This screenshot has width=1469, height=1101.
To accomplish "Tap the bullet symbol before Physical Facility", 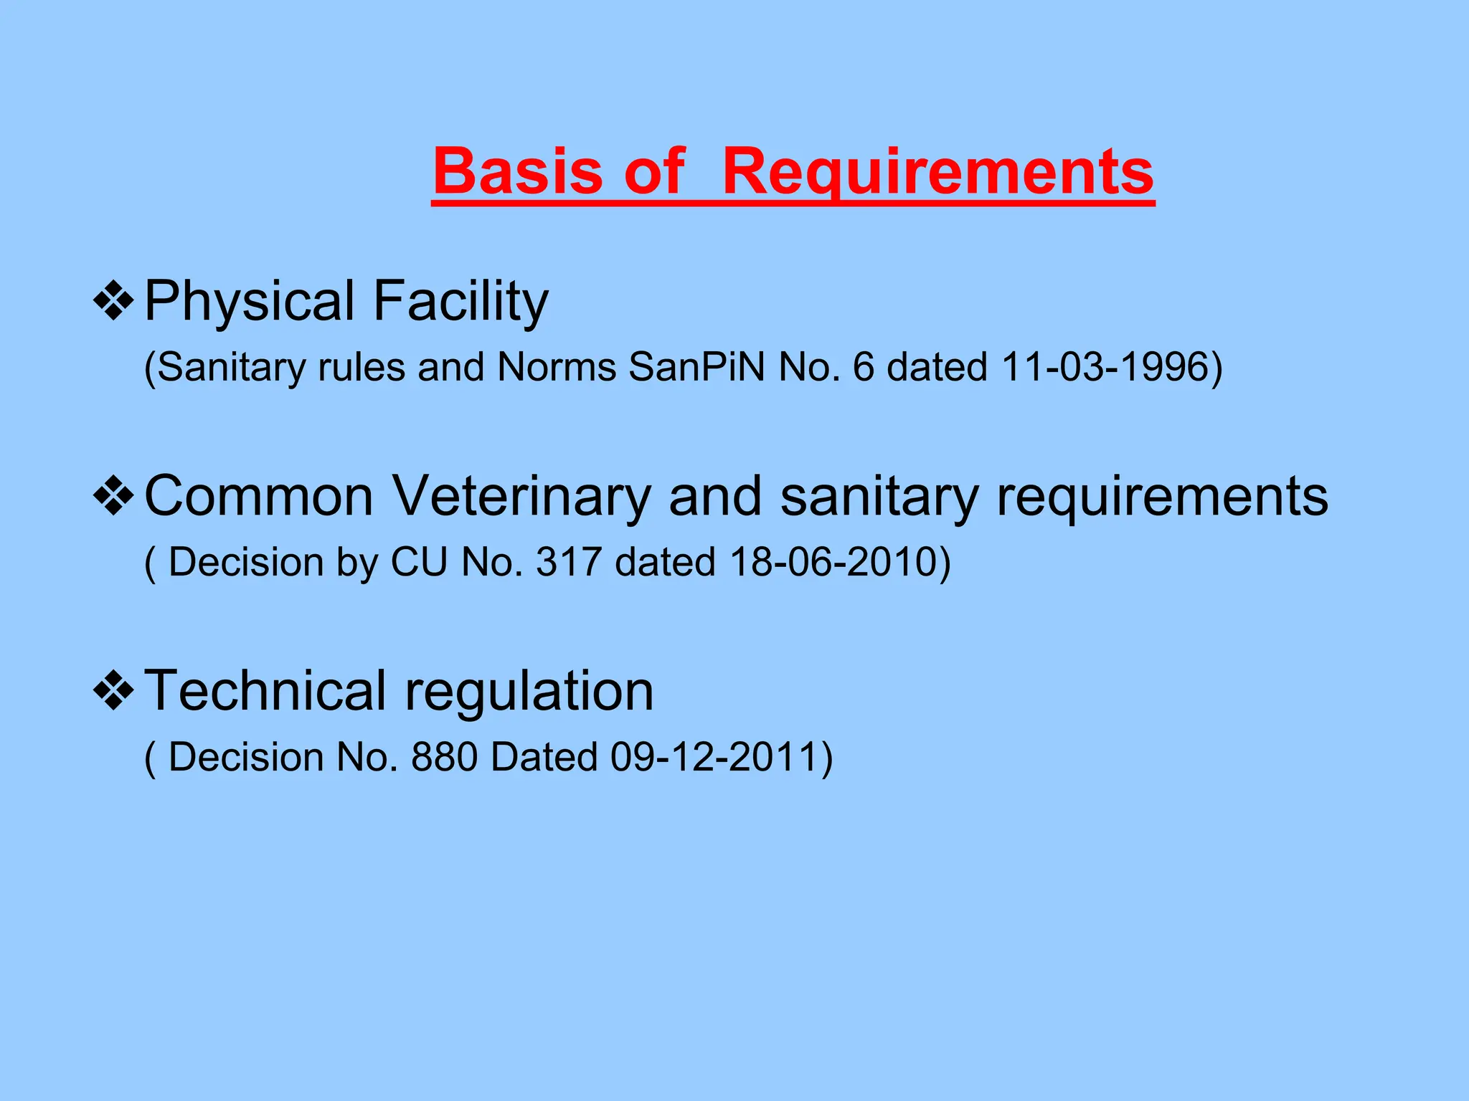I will coord(113,301).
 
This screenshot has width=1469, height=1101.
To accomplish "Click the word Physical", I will coord(250,301).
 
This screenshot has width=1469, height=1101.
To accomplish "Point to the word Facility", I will coord(460,301).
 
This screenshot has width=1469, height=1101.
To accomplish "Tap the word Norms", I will coord(556,367).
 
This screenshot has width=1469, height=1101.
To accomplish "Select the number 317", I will coord(568,562).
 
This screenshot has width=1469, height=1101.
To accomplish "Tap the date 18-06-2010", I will coord(833,562).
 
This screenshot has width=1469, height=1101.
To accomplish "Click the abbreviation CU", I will coord(419,562).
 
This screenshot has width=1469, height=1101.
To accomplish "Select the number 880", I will coord(444,758).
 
